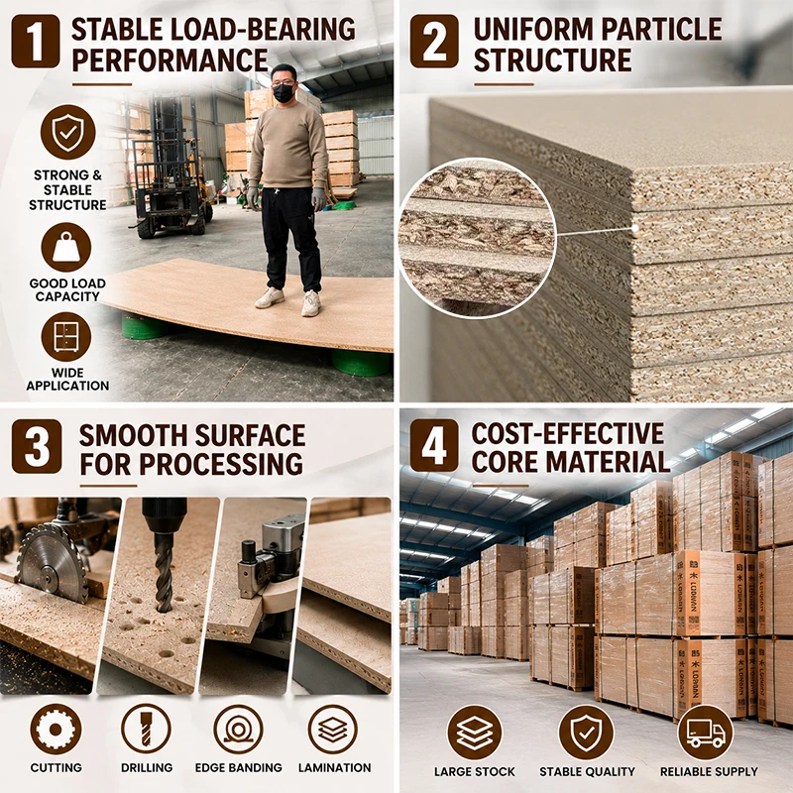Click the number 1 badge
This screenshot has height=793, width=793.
pyautogui.click(x=36, y=41)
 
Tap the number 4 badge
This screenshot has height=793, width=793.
pyautogui.click(x=434, y=445)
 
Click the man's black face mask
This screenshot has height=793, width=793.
pyautogui.click(x=283, y=93)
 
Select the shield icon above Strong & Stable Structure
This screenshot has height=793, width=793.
pyautogui.click(x=67, y=132)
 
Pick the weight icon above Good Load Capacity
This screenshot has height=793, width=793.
pyautogui.click(x=66, y=248)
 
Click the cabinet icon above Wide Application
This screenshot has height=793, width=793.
pyautogui.click(x=66, y=337)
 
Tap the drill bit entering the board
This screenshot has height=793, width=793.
pyautogui.click(x=163, y=572)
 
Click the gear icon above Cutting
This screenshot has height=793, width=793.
pyautogui.click(x=56, y=730)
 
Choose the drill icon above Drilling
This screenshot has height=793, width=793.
pyautogui.click(x=146, y=730)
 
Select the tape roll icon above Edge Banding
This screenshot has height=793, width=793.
pyautogui.click(x=238, y=730)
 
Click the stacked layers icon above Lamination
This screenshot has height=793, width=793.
pyautogui.click(x=332, y=730)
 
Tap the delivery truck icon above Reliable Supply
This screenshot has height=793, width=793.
pyautogui.click(x=706, y=733)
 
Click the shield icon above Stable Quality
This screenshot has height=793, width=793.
pyautogui.click(x=586, y=733)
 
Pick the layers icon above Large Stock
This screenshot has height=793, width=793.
pyautogui.click(x=475, y=733)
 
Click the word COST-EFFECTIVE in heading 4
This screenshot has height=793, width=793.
pyautogui.click(x=568, y=433)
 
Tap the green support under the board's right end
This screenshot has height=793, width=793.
pyautogui.click(x=361, y=362)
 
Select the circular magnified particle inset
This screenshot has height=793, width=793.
pyautogui.click(x=478, y=238)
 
